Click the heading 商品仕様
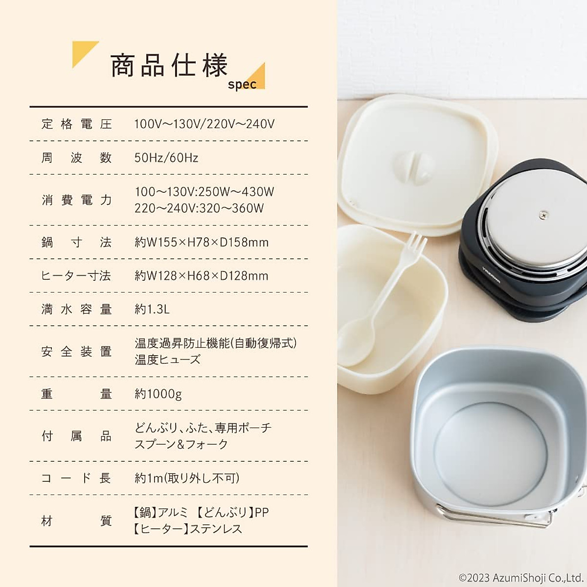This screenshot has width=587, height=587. tap(169, 66)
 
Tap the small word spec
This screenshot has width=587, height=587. tap(242, 84)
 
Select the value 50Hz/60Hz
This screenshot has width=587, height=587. tap(166, 158)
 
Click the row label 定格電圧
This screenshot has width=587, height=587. tap(77, 124)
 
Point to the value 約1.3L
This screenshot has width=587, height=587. tap(152, 309)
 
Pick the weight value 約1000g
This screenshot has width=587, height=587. tap(158, 394)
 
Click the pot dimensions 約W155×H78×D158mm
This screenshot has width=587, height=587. tap(202, 242)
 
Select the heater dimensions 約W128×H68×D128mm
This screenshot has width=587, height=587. tap(202, 275)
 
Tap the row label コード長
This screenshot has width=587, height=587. tap(77, 478)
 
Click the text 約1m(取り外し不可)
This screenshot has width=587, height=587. tap(187, 478)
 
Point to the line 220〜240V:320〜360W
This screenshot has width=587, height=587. tap(199, 208)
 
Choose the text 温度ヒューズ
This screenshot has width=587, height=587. tap(168, 360)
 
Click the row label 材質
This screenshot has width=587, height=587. tap(77, 521)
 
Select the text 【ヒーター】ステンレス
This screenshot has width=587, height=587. tap(187, 529)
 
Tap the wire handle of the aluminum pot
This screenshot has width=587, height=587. tap(494, 519)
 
